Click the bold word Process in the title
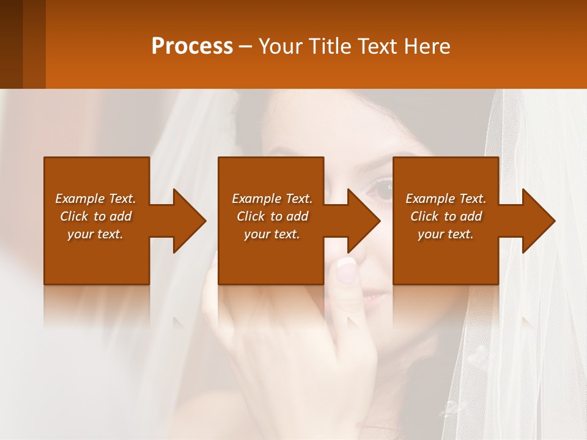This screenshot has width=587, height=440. pyautogui.click(x=192, y=46)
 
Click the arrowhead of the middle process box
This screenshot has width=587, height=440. pyautogui.click(x=363, y=221)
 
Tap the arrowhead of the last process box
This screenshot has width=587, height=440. pyautogui.click(x=538, y=221)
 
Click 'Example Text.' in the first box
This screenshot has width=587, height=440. pyautogui.click(x=95, y=199)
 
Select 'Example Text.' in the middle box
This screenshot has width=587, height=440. pyautogui.click(x=272, y=199)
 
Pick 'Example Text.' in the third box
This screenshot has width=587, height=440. pyautogui.click(x=446, y=199)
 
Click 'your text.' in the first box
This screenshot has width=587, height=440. pyautogui.click(x=95, y=234)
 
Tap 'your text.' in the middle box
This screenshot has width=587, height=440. pyautogui.click(x=272, y=234)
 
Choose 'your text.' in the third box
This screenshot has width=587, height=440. pyautogui.click(x=446, y=234)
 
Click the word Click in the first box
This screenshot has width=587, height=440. pyautogui.click(x=75, y=216)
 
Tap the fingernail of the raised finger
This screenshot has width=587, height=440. pyautogui.click(x=347, y=271)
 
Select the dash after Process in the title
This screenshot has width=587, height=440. pyautogui.click(x=246, y=47)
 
